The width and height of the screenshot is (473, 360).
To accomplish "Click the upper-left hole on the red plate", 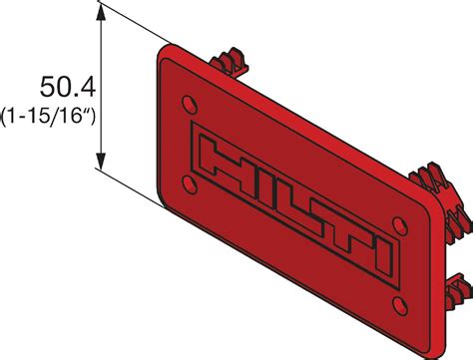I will (190, 103).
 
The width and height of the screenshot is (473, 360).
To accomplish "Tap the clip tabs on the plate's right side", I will (435, 183).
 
